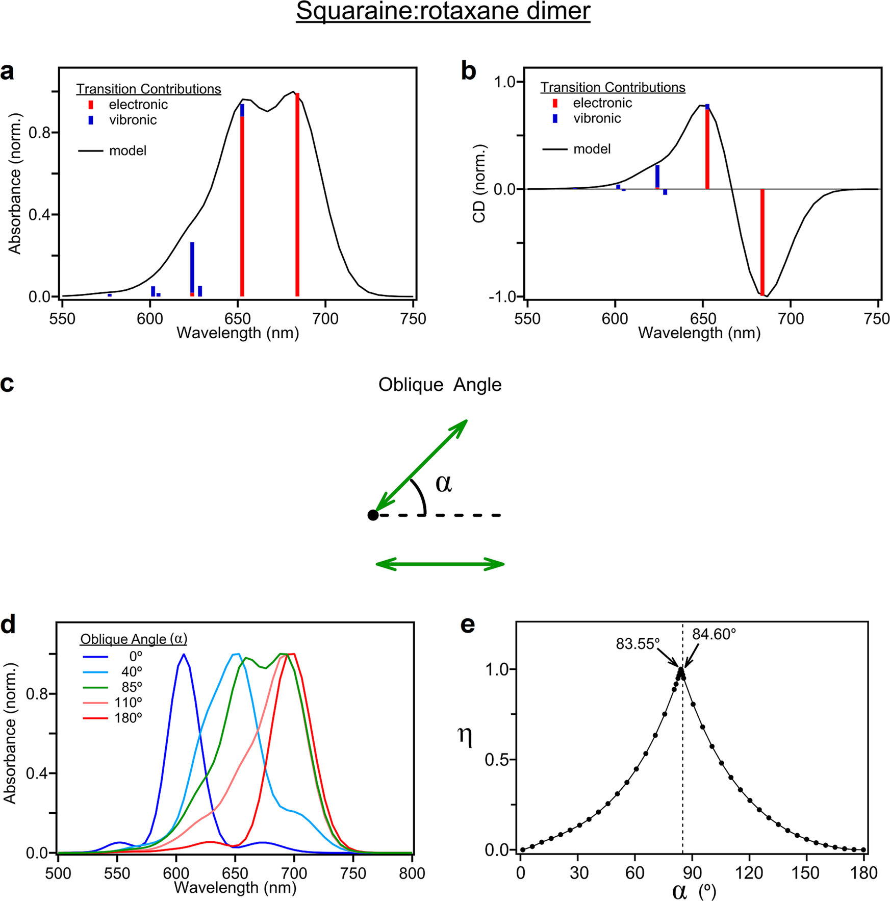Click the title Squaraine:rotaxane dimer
click(x=443, y=11)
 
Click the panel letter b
click(x=468, y=71)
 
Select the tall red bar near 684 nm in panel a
click(x=297, y=194)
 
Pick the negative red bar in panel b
click(x=762, y=242)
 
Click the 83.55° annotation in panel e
click(x=637, y=644)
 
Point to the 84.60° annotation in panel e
click(x=714, y=634)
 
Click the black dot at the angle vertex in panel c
click(x=373, y=515)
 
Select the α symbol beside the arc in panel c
click(x=443, y=483)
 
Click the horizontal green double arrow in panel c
click(x=440, y=564)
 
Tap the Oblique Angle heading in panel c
click(x=440, y=385)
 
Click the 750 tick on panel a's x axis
click(x=413, y=319)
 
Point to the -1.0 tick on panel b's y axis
click(x=502, y=297)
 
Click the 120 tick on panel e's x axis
click(x=749, y=873)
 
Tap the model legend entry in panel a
click(x=128, y=151)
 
